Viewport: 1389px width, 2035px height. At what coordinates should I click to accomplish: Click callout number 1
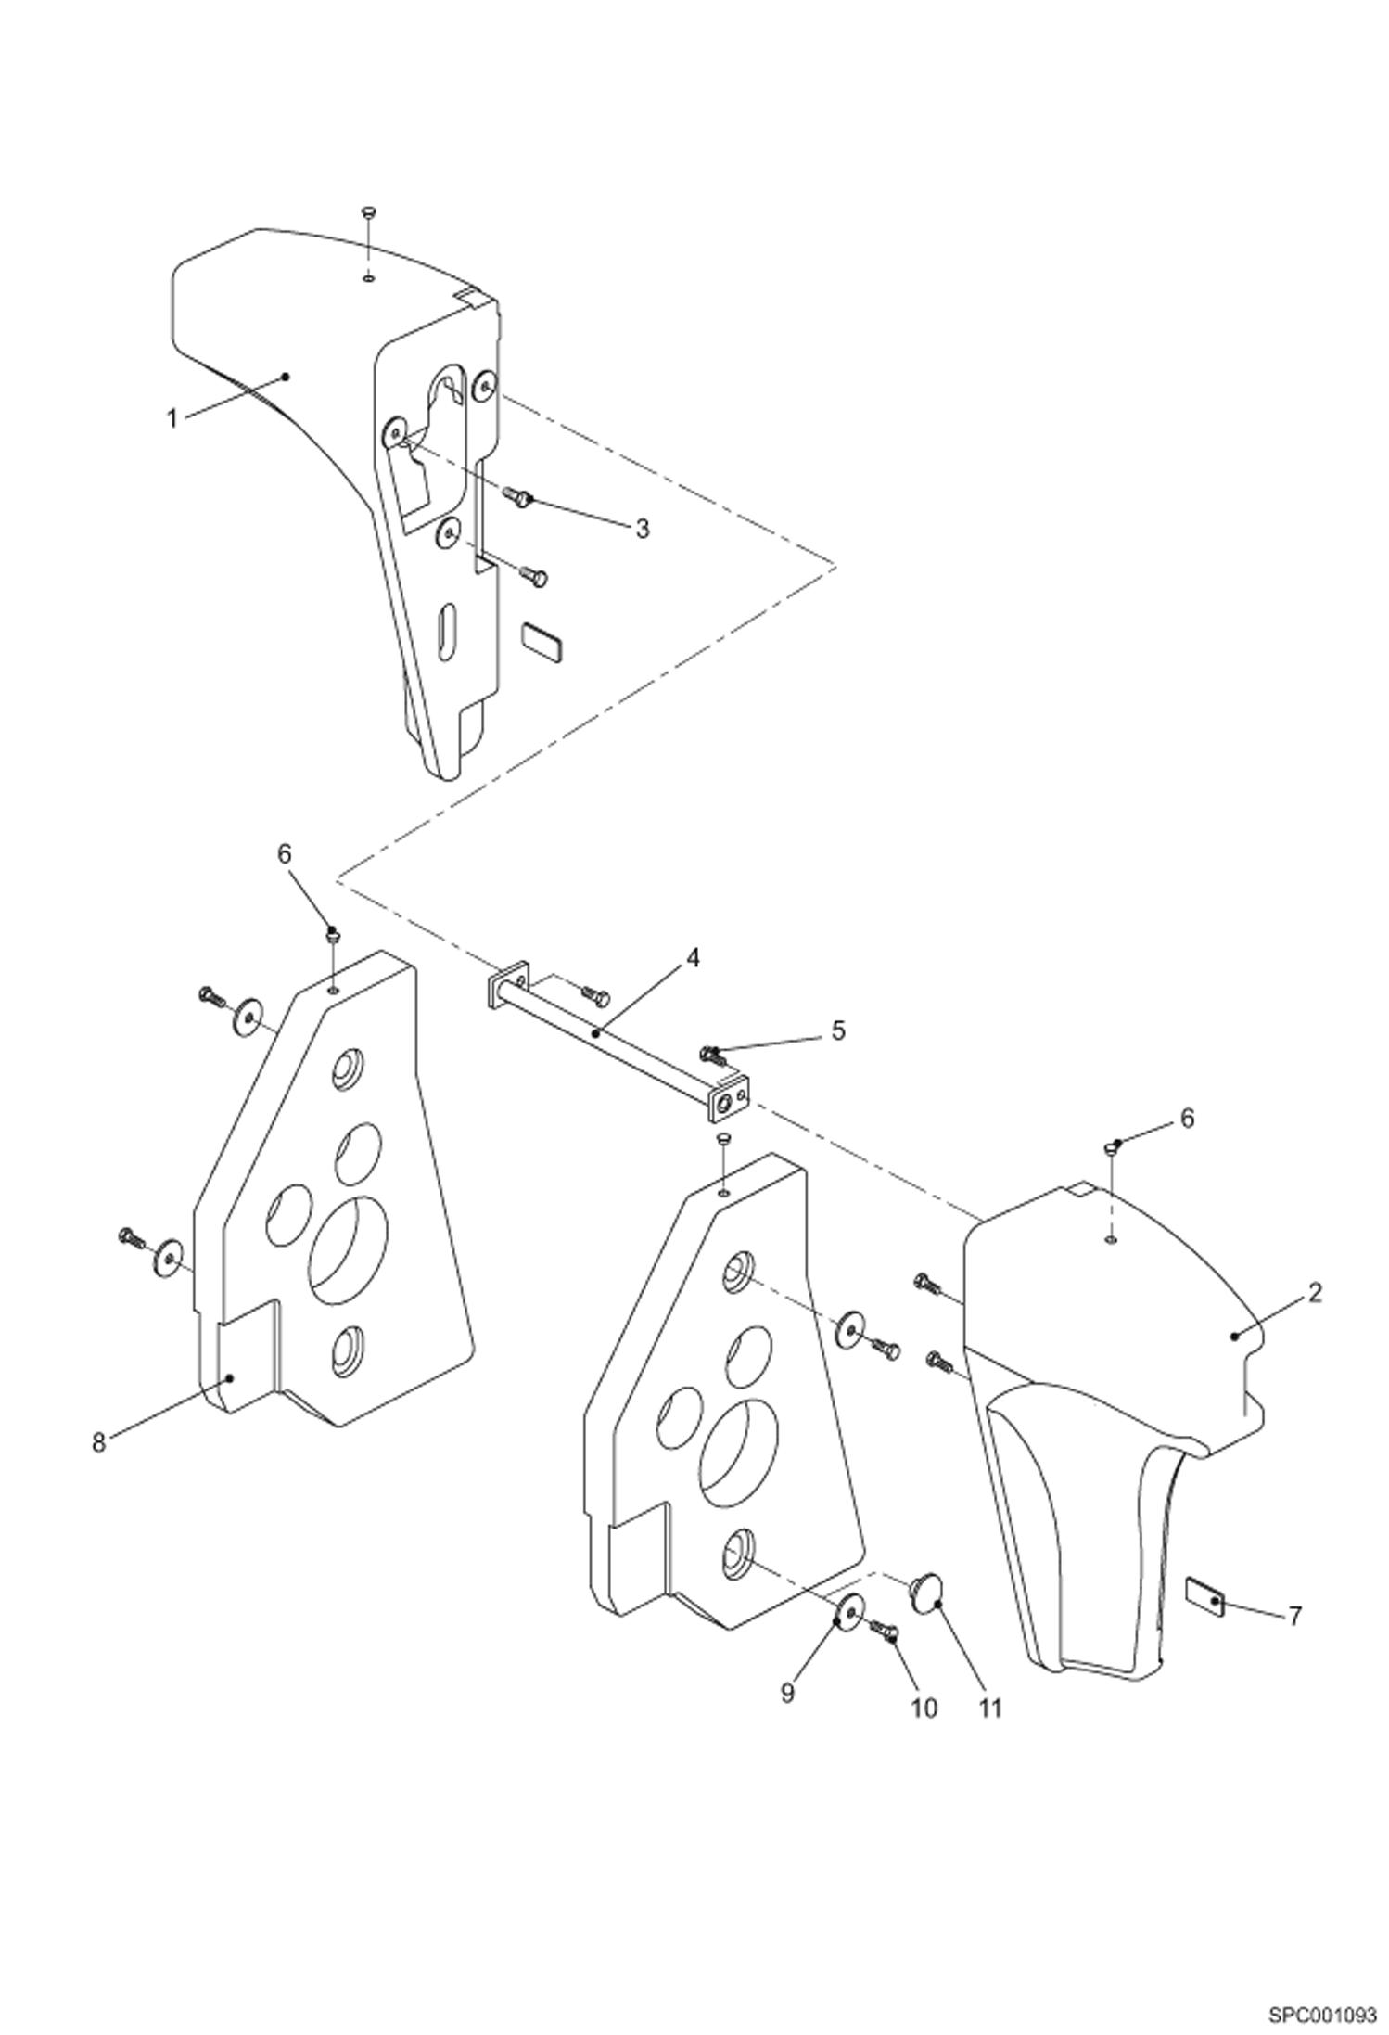[x=172, y=418]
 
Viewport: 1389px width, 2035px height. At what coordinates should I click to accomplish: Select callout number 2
[x=1315, y=1292]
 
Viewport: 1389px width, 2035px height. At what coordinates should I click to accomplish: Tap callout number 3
[x=642, y=529]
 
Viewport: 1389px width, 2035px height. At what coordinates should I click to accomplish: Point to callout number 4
[x=693, y=957]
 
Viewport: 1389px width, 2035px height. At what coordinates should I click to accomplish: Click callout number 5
[x=837, y=1030]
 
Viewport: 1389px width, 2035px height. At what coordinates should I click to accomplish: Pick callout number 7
[x=1294, y=1617]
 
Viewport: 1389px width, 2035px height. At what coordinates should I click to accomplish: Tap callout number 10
[x=924, y=1708]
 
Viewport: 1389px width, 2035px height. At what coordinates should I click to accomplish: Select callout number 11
[x=991, y=1708]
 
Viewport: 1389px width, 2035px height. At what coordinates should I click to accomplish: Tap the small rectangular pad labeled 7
[x=1205, y=1598]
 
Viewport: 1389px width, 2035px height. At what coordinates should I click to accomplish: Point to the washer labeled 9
[x=849, y=1613]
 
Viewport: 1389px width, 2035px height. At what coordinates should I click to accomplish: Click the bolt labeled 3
[x=518, y=497]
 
